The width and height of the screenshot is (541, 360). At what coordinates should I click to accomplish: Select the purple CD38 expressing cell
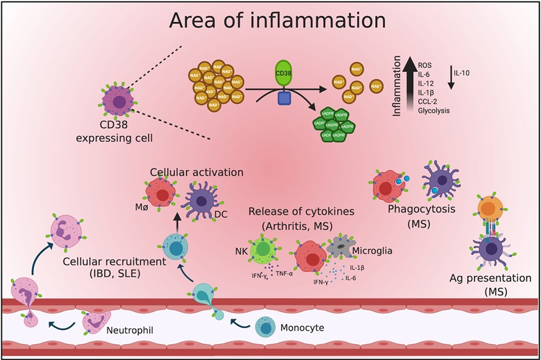click(118, 103)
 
